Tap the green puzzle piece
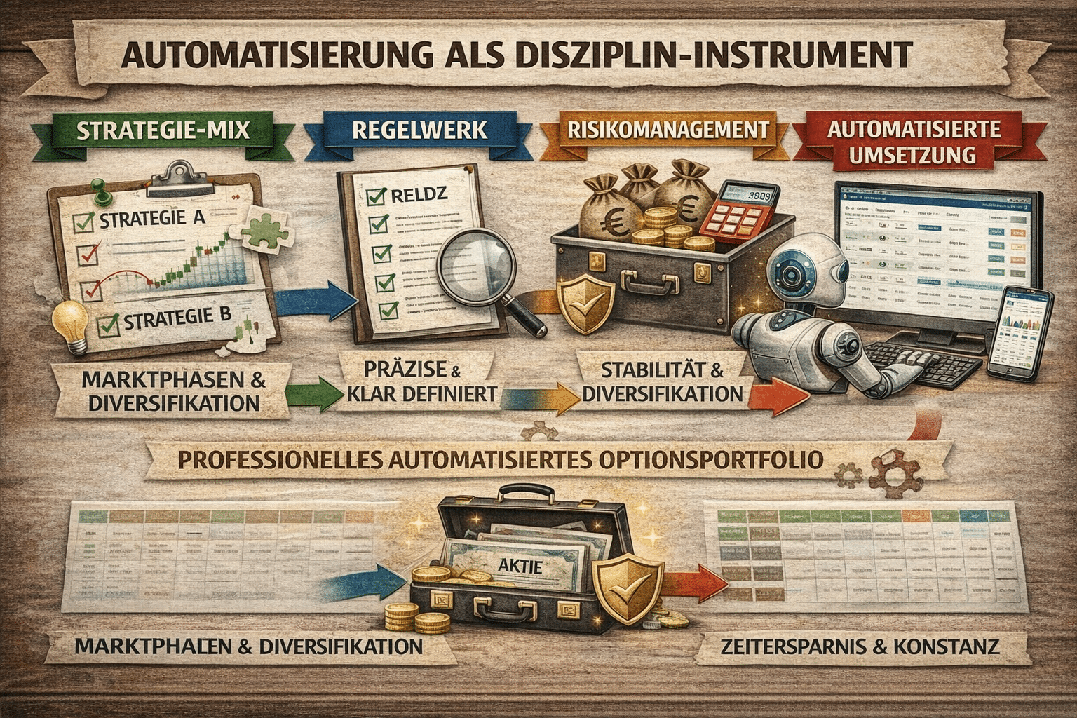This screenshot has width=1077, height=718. coord(261,228)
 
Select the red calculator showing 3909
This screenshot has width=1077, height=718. coord(741,214)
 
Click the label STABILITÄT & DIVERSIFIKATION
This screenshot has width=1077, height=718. coord(662,381)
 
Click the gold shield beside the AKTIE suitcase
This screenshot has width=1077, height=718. coord(626,581)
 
